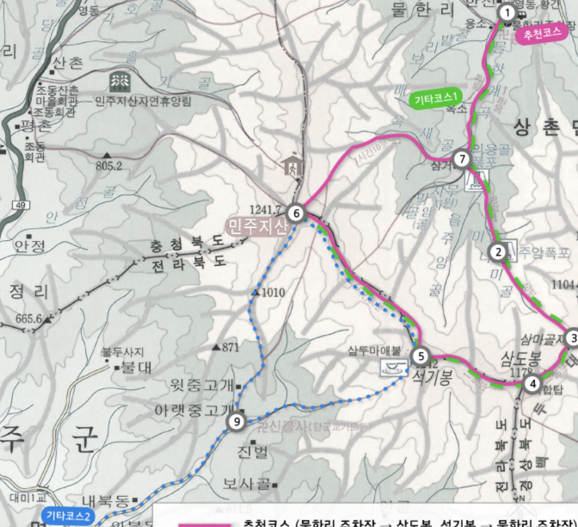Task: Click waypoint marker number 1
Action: (507, 13)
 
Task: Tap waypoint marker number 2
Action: (498, 252)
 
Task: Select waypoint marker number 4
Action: (533, 383)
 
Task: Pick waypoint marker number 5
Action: (421, 356)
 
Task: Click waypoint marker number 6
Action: (296, 213)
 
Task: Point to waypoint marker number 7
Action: (462, 159)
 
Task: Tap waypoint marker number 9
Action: (237, 422)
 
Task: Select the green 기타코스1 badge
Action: (435, 99)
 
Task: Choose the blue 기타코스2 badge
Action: (69, 515)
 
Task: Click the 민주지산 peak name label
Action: (257, 226)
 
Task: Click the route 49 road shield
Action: (21, 205)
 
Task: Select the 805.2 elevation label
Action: (109, 165)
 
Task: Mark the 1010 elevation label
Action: (273, 293)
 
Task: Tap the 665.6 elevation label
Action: (28, 319)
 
